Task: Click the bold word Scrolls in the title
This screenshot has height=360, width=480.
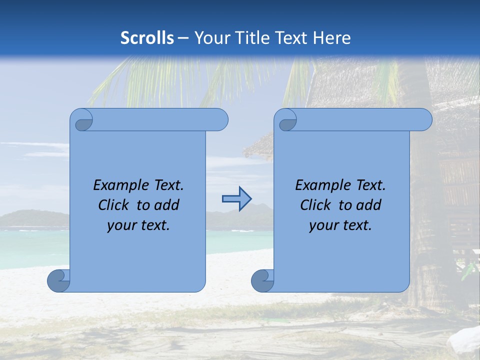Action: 147,38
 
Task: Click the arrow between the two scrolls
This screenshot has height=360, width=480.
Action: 236,199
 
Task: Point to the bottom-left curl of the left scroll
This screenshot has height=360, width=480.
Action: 59,281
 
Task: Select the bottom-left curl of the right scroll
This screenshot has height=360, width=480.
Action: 262,281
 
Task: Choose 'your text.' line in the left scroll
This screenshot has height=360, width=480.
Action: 138,225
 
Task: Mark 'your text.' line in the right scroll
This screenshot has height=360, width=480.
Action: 340,225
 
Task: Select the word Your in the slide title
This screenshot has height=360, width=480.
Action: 208,38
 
